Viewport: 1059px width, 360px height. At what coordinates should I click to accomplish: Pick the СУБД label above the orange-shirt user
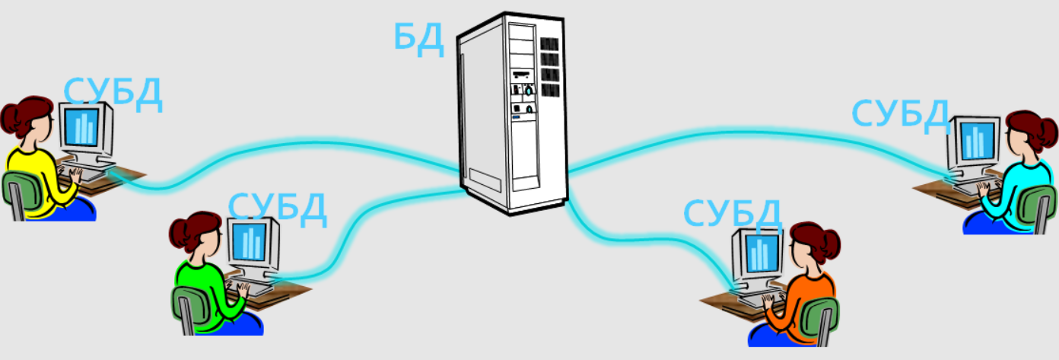coord(732,213)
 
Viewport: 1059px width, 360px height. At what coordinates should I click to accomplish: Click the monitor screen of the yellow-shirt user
coord(81,126)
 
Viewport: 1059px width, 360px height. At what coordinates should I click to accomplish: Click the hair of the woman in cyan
coord(1036,129)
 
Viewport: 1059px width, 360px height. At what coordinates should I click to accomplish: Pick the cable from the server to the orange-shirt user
coord(647,237)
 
